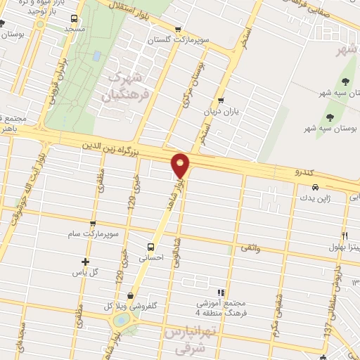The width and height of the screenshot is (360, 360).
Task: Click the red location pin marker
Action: click(181, 165)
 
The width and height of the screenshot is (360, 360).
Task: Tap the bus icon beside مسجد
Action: click(75, 20)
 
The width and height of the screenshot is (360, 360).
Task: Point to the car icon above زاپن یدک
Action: click(315, 188)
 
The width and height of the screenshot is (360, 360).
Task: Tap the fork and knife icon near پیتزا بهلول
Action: click(344, 235)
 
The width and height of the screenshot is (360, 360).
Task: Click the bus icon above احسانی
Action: click(150, 247)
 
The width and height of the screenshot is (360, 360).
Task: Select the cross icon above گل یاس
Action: click(86, 262)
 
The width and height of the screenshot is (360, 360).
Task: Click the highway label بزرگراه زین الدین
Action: click(108, 148)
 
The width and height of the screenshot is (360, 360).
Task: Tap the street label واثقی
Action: click(250, 247)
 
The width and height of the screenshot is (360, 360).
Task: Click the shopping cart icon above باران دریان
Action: click(221, 100)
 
